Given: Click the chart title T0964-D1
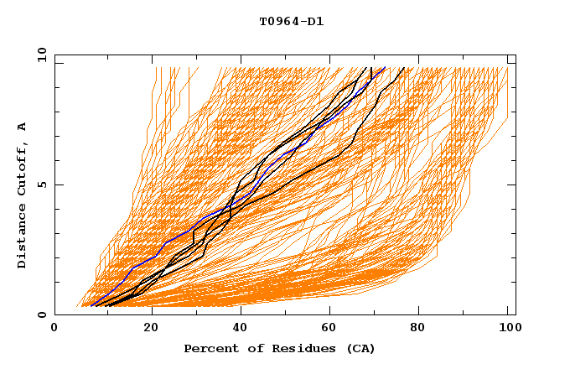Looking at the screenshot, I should tap(292, 22).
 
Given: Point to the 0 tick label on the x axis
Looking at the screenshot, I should tap(54, 330).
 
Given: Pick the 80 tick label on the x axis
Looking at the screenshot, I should tap(426, 330).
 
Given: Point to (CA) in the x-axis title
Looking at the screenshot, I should tap(360, 348).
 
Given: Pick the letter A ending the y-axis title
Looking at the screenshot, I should tap(23, 127).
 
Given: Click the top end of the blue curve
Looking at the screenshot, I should tap(385, 68).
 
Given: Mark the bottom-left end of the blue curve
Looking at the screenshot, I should tap(91, 306).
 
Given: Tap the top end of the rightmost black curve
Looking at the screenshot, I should tap(404, 68).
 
